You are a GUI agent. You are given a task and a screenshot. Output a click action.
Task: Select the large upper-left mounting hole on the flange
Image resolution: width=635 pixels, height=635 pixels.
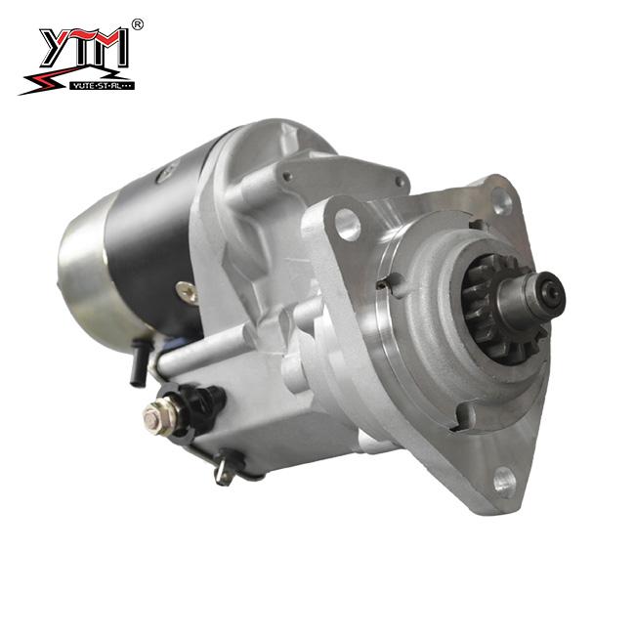click(347, 224)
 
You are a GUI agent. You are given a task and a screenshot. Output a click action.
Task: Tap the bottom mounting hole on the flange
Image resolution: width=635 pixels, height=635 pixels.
click(503, 478)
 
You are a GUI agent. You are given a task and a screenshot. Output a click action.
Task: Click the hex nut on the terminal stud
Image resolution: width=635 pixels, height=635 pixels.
click(154, 417)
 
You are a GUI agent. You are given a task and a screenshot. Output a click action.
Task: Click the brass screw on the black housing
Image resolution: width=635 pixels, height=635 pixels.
click(185, 289)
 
